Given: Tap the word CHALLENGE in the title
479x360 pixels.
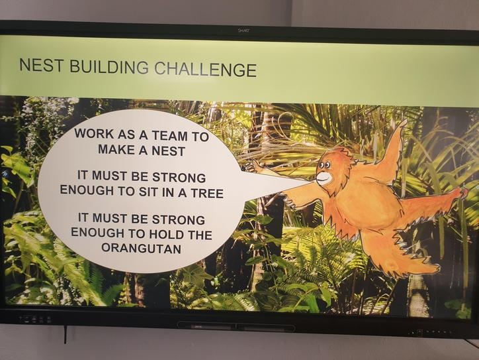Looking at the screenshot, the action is (x=205, y=69).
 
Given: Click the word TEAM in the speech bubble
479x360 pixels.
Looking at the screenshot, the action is (x=169, y=135).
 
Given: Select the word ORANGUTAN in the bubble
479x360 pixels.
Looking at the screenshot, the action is (x=141, y=248).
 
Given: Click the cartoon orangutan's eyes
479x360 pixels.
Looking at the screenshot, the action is (x=324, y=166).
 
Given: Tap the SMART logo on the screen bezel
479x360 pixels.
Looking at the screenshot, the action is (x=243, y=30).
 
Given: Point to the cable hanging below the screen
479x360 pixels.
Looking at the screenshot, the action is (x=65, y=334).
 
